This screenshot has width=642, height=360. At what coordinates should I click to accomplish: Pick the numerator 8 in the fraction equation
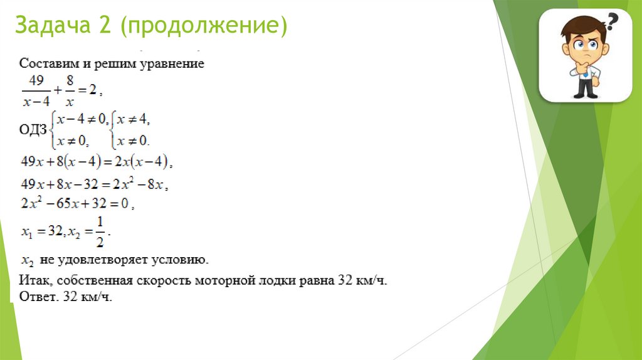pyautogui.click(x=70, y=80)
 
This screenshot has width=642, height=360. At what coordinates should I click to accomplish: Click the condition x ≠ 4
pyautogui.click(x=132, y=119)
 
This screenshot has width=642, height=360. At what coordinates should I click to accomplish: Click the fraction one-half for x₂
pyautogui.click(x=100, y=231)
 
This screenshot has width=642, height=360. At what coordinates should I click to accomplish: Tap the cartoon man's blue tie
pyautogui.click(x=584, y=73)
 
